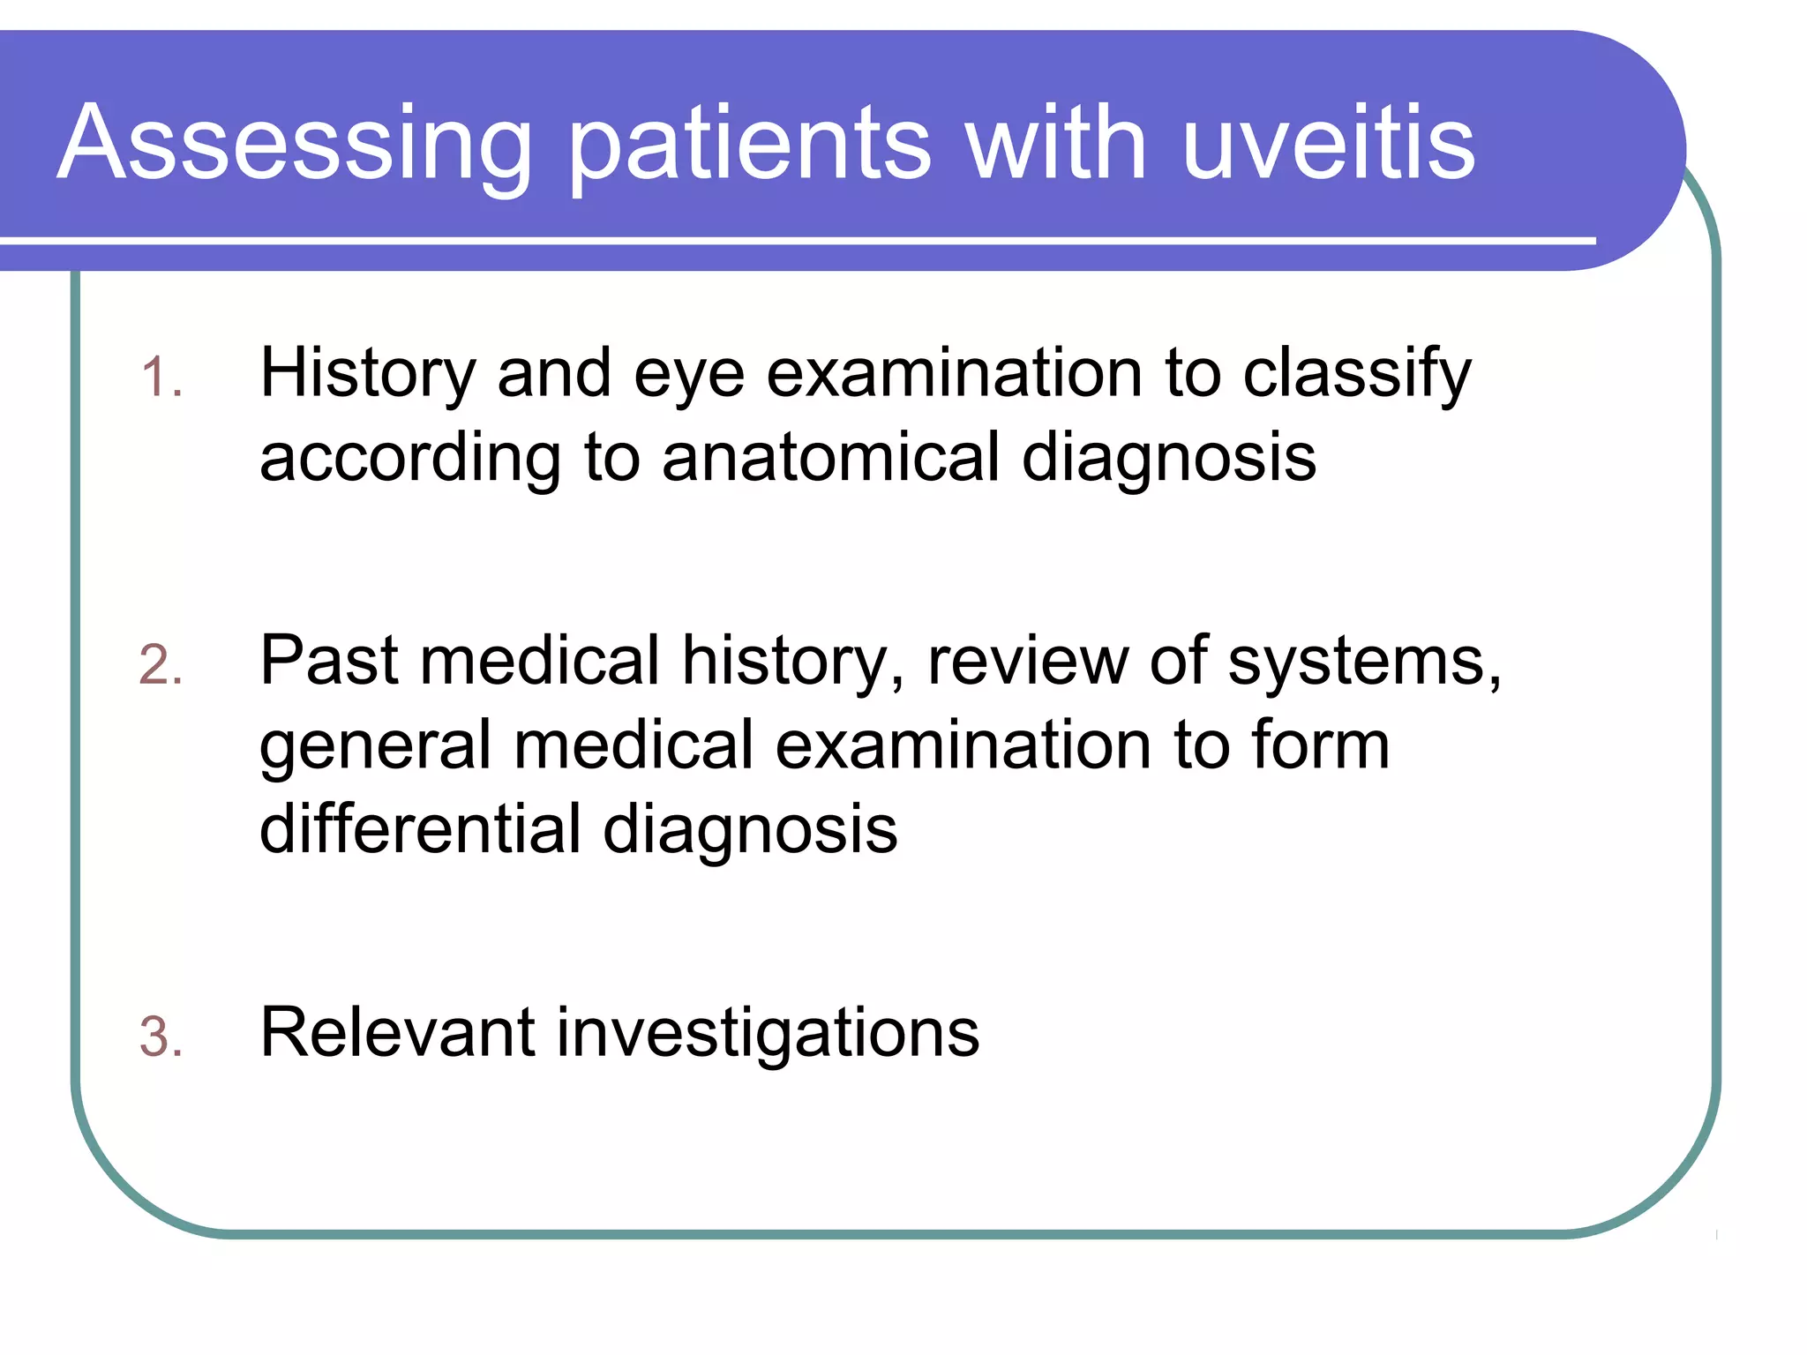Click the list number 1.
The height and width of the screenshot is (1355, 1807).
[x=161, y=378]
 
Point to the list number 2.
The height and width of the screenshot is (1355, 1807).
[x=161, y=665]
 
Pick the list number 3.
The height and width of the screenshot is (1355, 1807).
[x=161, y=1037]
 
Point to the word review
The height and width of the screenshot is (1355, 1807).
[x=1027, y=662]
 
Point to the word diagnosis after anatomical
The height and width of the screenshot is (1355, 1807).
[x=1168, y=459]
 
